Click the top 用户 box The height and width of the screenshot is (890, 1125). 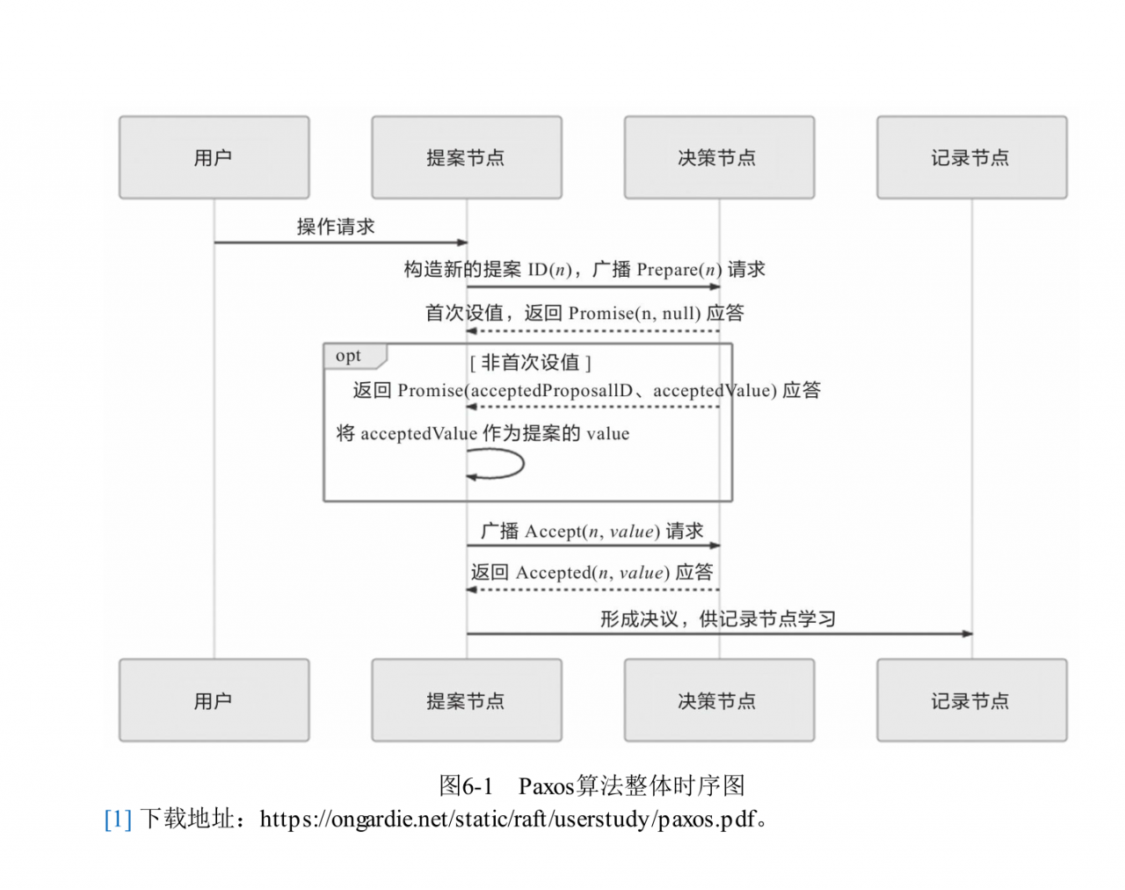click(x=214, y=157)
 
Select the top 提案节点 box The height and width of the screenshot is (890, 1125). click(x=467, y=157)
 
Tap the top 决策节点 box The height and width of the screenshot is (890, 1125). click(x=719, y=157)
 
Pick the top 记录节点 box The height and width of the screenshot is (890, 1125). click(x=972, y=157)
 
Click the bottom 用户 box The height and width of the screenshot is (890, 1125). click(x=214, y=700)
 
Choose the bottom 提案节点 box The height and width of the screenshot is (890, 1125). click(x=467, y=700)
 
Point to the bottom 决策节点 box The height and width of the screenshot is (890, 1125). click(x=719, y=700)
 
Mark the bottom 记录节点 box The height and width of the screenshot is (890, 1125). click(x=972, y=700)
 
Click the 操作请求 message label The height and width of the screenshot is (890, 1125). click(x=336, y=227)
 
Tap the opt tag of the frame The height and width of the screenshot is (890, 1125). click(x=349, y=356)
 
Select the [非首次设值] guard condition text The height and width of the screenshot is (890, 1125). click(x=530, y=362)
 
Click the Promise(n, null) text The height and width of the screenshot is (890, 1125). click(x=635, y=313)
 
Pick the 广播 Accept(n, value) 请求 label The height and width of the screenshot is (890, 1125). click(x=592, y=531)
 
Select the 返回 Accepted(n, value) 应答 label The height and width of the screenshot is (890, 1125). click(x=592, y=572)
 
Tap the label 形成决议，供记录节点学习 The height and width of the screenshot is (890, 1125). click(x=718, y=619)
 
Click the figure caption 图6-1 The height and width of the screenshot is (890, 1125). click(x=466, y=785)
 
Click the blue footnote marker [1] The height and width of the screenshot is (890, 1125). click(x=118, y=819)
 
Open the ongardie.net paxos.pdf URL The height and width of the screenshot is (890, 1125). click(x=508, y=819)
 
